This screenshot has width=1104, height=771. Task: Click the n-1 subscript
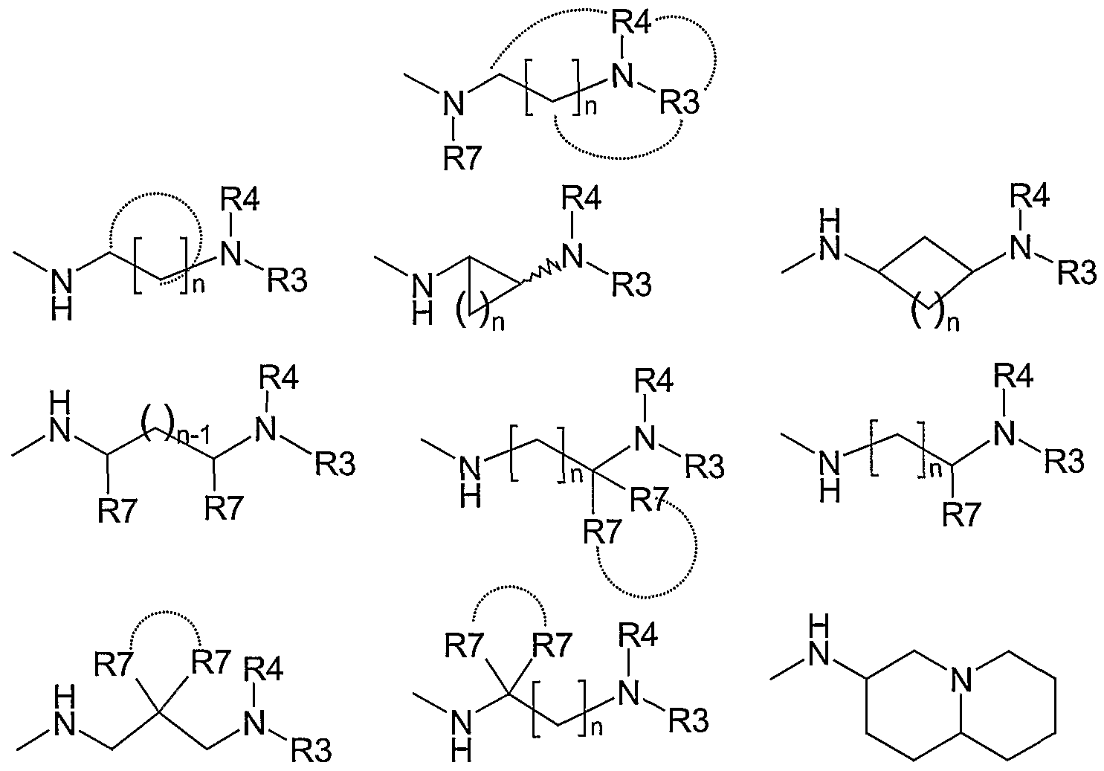pos(193,436)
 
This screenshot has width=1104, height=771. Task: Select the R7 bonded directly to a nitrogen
pos(462,158)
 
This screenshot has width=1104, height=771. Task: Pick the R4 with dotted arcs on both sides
pos(631,22)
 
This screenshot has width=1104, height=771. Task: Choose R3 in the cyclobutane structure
pos(1078,272)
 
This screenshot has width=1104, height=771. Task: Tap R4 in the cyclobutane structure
pos(1030,196)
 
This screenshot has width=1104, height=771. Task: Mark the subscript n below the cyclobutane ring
pos(954,324)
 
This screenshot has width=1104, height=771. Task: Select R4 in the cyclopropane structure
pos(581,199)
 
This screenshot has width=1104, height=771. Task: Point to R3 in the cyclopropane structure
pos(632,285)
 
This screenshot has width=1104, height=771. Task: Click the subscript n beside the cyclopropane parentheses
pos(498,323)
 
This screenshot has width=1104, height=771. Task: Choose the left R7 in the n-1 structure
pos(117,510)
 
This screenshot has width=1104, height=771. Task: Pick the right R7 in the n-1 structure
pos(225,509)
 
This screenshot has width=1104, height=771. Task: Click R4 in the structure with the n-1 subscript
pos(279,378)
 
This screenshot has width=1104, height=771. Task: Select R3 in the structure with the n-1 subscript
pos(335,465)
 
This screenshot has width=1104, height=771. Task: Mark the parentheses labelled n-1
pos(158,422)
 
